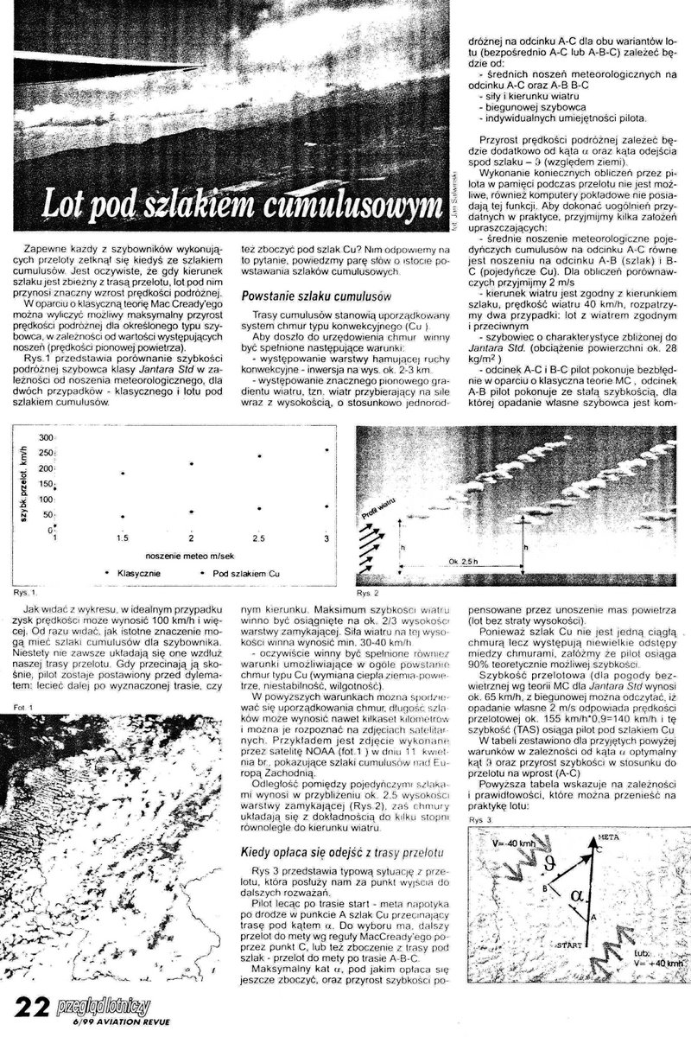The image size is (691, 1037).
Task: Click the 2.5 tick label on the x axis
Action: (258, 538)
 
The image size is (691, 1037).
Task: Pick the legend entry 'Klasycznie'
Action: (132, 572)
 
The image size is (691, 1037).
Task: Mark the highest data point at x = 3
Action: (326, 450)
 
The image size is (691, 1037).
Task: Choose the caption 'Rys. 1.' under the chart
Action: (25, 594)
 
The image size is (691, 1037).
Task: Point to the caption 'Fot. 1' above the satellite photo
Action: (22, 709)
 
